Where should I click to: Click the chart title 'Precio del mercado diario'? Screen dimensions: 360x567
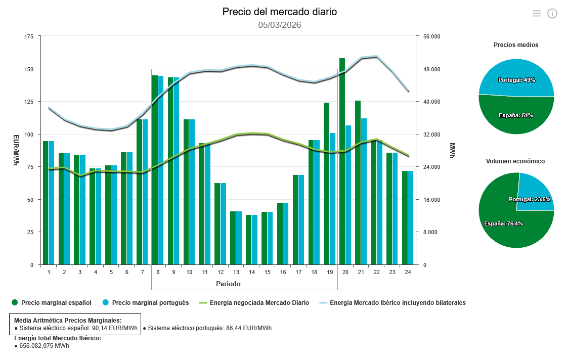coord(279,12)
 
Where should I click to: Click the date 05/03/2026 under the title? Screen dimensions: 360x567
coord(279,25)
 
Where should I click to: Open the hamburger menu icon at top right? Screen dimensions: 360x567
coord(537,14)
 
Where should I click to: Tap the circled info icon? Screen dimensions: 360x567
coord(552,14)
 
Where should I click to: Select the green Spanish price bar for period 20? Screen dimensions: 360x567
coord(342,162)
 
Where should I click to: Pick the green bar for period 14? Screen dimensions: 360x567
coord(249,240)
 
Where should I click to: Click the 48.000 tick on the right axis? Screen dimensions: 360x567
coord(431,69)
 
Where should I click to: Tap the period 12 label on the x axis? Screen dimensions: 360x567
coord(221,272)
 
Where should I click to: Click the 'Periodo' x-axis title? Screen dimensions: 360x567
coord(228,284)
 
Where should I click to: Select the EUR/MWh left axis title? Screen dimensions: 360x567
coord(16,150)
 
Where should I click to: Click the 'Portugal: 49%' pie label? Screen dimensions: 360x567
coord(516,80)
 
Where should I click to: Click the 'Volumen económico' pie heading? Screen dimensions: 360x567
coord(516,161)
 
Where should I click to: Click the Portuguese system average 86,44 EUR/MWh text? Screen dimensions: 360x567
coord(209,328)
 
